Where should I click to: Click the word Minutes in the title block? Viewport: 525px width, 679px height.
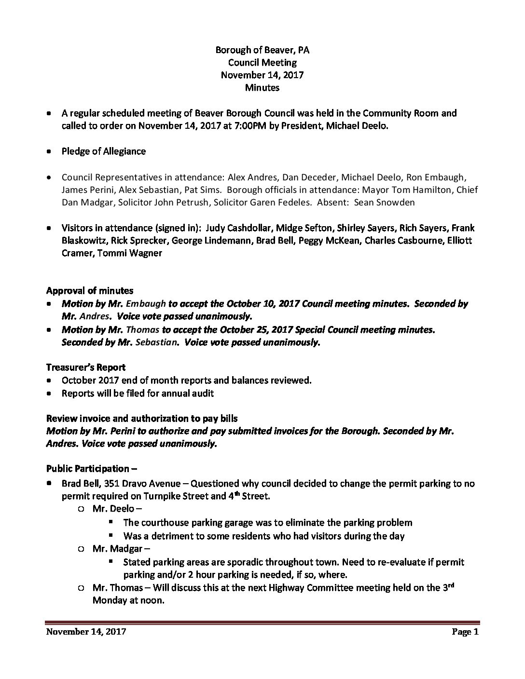tap(262, 87)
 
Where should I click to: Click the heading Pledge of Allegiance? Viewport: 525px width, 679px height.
tap(103, 151)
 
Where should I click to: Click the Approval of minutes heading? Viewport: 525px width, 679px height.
tap(90, 290)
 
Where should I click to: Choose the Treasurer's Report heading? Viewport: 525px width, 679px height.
tap(86, 367)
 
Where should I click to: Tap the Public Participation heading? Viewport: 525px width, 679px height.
tap(88, 468)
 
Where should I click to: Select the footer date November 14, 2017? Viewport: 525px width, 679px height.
tap(86, 632)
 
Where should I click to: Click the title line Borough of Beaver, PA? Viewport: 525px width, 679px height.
tap(262, 50)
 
